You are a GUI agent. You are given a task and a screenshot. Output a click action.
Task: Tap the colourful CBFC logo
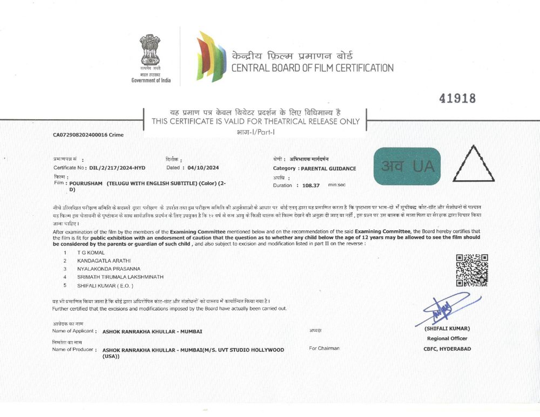click(211, 57)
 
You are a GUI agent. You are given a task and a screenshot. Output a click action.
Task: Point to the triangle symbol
click(473, 164)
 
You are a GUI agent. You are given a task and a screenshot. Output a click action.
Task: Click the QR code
click(472, 270)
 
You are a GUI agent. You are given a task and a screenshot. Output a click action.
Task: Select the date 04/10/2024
click(200, 168)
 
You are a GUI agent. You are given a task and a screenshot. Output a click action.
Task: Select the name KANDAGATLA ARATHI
click(102, 261)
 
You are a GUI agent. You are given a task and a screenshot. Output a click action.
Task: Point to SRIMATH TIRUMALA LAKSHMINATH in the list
click(120, 277)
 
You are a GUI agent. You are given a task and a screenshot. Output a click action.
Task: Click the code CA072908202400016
click(80, 134)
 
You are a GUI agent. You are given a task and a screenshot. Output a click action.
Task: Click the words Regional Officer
click(447, 338)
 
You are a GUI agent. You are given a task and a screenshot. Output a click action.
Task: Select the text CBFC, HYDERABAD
click(447, 348)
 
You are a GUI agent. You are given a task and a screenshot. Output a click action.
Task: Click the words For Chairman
click(324, 348)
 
